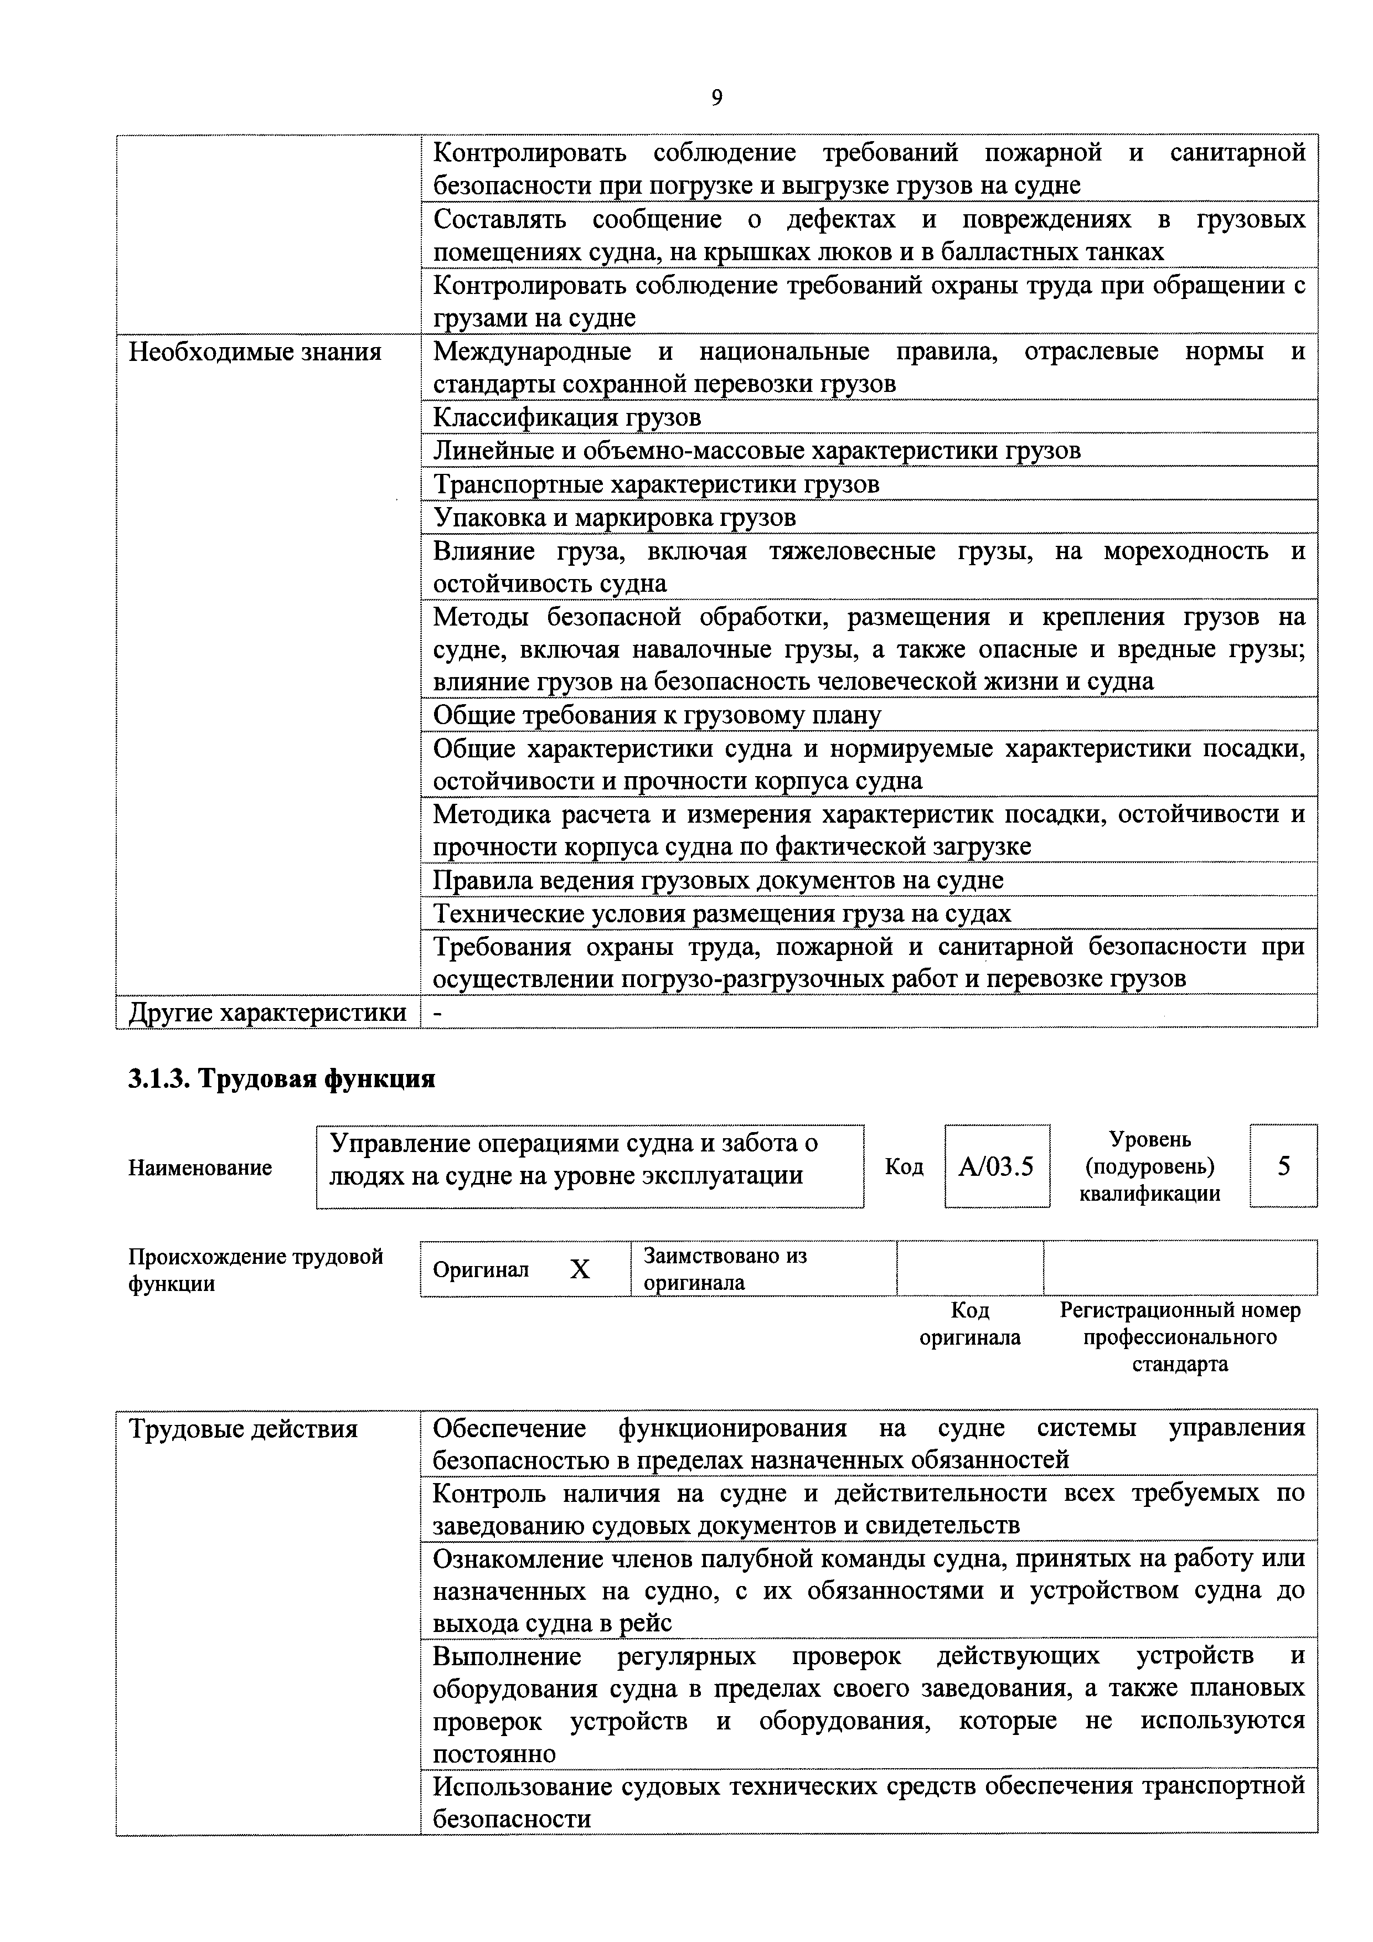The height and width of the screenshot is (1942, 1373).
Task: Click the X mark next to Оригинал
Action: [x=580, y=1269]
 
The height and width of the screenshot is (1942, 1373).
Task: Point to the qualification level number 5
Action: [x=1283, y=1166]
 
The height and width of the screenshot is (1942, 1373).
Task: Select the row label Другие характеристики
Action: [x=267, y=1013]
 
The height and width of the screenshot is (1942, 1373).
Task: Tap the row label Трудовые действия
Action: [x=243, y=1429]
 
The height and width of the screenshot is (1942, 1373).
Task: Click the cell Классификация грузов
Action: [x=567, y=417]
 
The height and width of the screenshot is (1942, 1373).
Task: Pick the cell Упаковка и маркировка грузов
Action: [x=614, y=517]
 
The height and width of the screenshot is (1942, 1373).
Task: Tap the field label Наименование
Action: [x=200, y=1167]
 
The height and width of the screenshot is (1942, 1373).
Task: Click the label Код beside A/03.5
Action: [x=904, y=1166]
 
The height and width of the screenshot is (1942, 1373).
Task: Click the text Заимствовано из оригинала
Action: [x=725, y=1269]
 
